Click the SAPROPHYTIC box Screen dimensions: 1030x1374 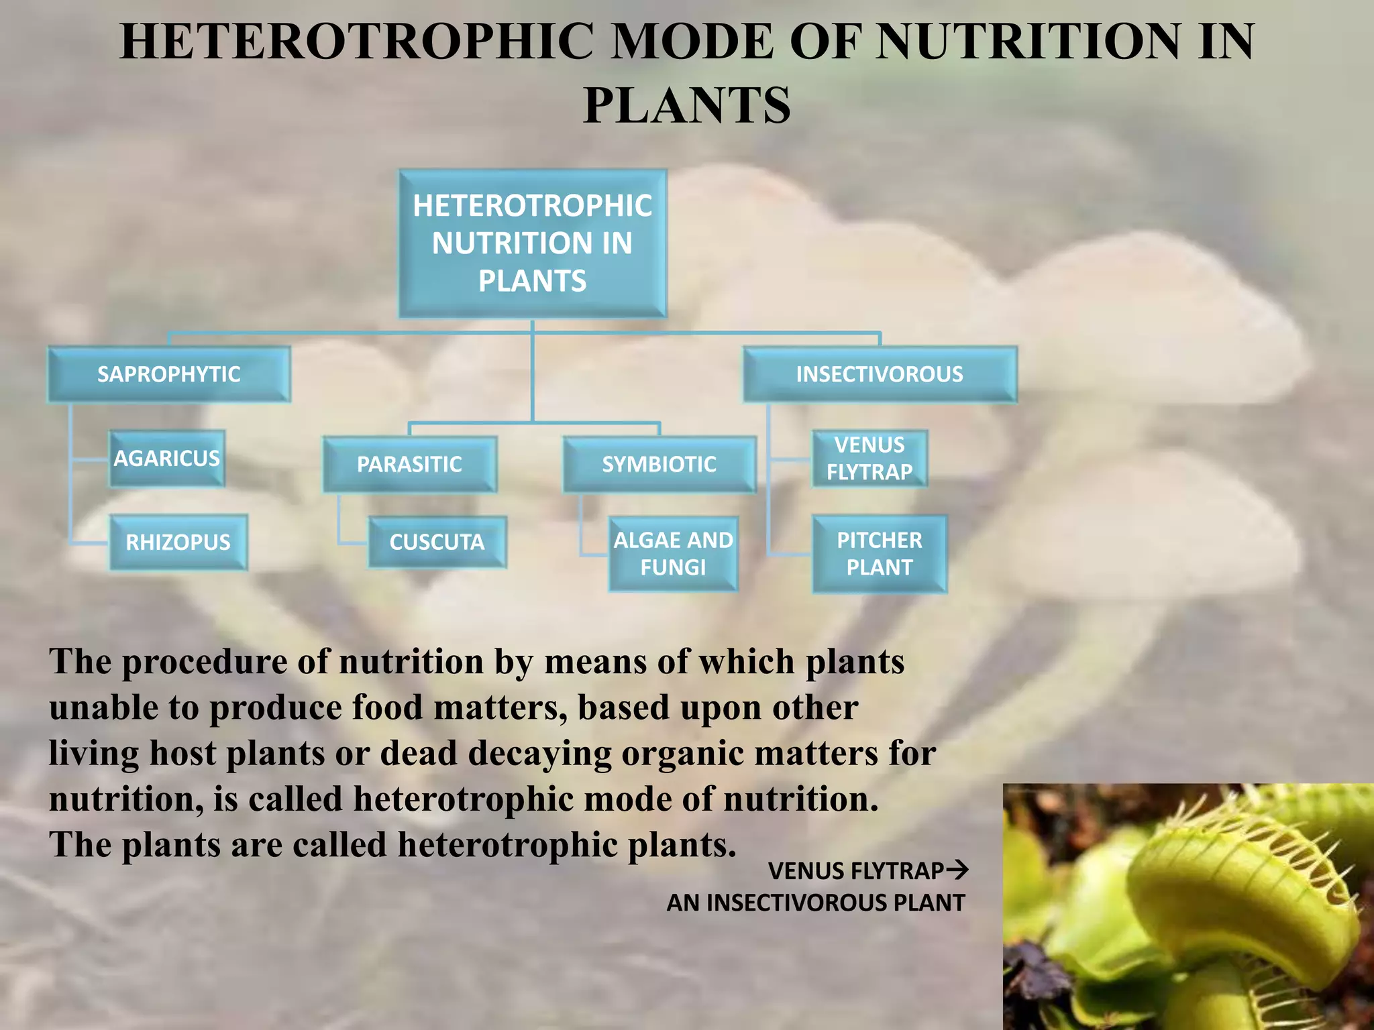(168, 374)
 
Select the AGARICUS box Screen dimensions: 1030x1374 (166, 459)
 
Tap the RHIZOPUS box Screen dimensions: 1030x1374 (178, 542)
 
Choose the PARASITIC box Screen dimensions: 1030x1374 (409, 464)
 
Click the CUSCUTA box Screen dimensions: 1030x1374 (437, 542)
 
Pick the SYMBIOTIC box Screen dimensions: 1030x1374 (659, 464)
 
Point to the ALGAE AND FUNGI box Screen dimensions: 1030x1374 (673, 554)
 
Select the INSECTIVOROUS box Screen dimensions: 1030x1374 (880, 374)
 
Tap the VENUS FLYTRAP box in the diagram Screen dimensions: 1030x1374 (869, 459)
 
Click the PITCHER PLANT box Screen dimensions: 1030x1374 (880, 554)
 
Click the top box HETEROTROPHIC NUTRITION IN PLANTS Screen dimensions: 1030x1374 (533, 243)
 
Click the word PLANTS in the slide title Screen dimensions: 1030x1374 (687, 106)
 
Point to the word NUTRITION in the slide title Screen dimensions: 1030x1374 (1027, 42)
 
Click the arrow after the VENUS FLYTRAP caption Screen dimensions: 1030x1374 (957, 870)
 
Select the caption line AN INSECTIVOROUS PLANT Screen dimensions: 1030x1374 (816, 903)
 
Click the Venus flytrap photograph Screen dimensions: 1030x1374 (1188, 907)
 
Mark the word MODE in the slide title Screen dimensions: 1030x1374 (692, 42)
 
